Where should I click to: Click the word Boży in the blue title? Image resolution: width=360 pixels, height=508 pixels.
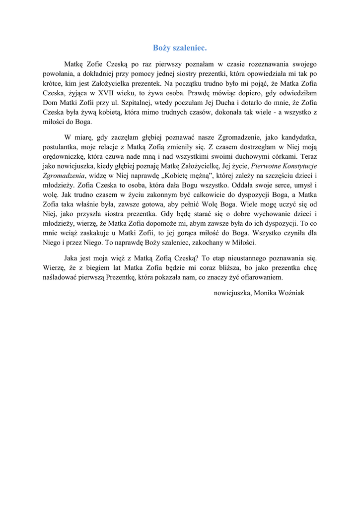[x=162, y=48]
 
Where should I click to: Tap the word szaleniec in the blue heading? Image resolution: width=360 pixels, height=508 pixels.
[x=190, y=48]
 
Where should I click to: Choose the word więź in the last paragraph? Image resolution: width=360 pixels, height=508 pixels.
[x=122, y=258]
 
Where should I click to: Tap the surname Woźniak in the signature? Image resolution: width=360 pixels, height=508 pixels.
[x=292, y=293]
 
